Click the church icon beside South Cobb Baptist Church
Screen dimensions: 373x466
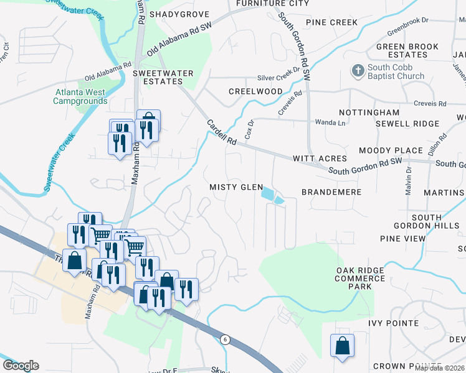(358, 71)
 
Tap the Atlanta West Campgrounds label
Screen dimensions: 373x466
(80, 96)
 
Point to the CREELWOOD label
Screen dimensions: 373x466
(255, 91)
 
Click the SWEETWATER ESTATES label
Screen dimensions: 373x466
(163, 77)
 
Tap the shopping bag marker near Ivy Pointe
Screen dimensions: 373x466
(343, 347)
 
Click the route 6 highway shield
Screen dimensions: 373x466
(224, 339)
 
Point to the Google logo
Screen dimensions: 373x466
(21, 366)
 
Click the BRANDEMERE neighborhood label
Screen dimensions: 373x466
(331, 192)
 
